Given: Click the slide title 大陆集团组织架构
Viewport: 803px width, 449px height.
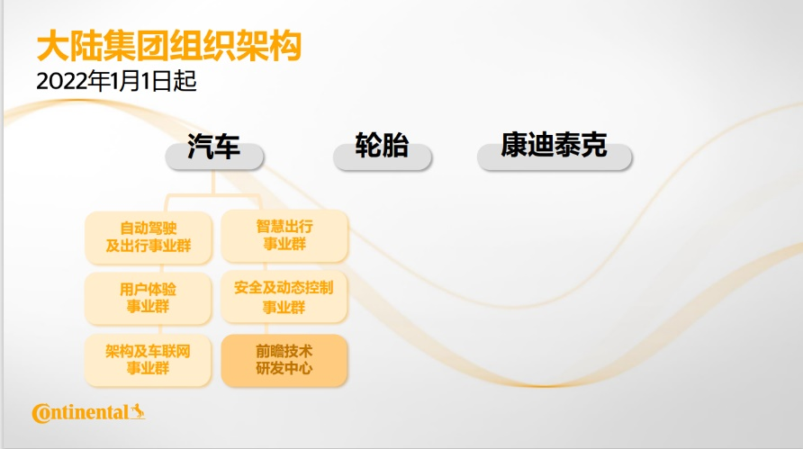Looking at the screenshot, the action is point(169,46).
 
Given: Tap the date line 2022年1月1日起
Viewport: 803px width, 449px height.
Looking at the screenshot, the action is point(117,81).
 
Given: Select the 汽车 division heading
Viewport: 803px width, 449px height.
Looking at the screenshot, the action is point(213,146).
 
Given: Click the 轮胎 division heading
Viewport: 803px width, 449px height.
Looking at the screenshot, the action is point(382,145).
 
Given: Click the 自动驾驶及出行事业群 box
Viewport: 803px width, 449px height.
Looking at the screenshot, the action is point(149,238).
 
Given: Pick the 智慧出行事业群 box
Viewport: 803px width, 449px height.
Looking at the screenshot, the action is point(284,236).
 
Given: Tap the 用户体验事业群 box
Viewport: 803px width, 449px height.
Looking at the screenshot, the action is point(148,298).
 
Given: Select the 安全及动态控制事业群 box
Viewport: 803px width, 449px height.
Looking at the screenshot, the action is point(284,297).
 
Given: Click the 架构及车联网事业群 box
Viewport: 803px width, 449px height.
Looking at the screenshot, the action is point(148,360).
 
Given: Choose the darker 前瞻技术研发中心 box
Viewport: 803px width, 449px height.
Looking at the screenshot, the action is point(284,360).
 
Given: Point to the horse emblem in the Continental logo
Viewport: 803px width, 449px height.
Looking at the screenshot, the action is point(137,411).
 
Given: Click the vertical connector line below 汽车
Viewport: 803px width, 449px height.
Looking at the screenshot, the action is point(213,183).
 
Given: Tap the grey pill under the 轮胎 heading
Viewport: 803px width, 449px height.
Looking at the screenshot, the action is point(382,157).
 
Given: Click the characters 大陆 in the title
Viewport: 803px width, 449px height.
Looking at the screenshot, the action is point(69,46).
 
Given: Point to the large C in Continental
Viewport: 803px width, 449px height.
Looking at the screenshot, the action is point(41,414).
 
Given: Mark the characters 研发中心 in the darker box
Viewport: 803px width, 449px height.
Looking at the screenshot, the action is point(284,369).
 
